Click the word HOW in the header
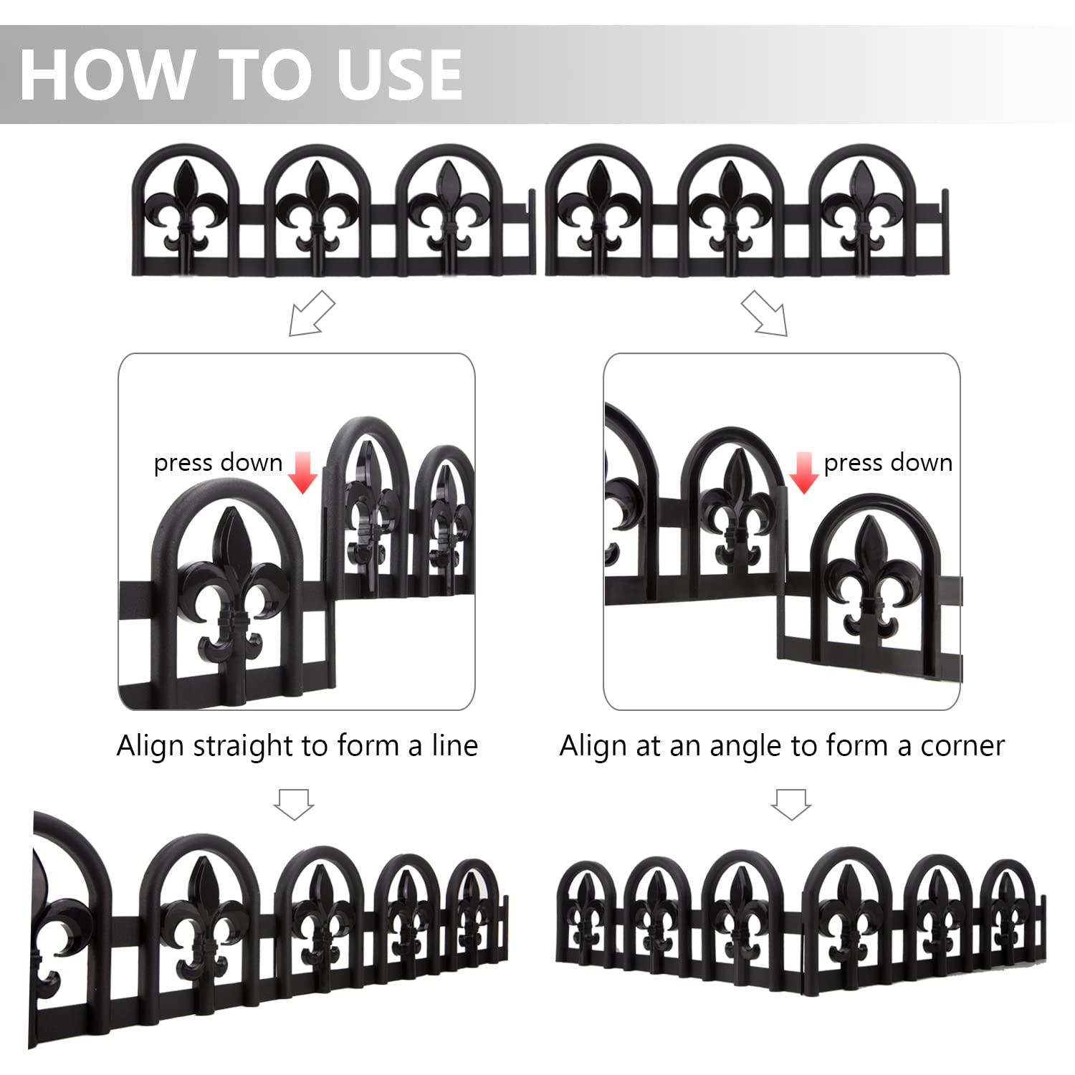point(107,75)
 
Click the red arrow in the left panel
point(303,472)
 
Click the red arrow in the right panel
point(804,472)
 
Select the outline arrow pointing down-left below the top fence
point(312,313)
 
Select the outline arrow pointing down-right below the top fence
point(764,313)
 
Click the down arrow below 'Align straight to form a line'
point(294,804)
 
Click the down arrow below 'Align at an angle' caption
point(791,804)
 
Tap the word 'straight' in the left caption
point(244,747)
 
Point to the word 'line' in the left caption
point(454,745)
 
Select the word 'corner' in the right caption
point(962,747)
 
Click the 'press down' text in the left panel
point(219,463)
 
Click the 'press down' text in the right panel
point(888,463)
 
